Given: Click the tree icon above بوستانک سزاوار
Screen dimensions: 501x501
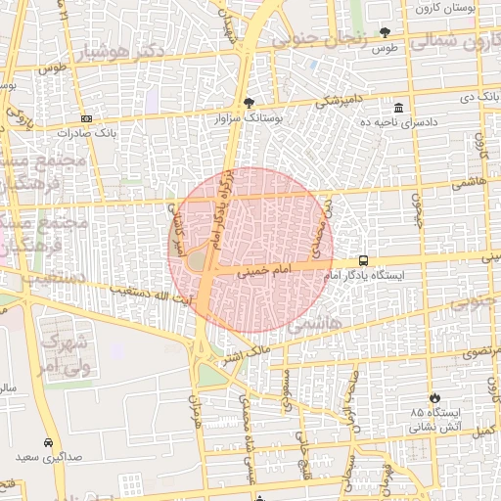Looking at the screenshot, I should (250, 102).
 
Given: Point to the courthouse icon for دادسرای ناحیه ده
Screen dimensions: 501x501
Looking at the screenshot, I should (398, 108).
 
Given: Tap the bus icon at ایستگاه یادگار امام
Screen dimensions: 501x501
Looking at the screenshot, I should (364, 260).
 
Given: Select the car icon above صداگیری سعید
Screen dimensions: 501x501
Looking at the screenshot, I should (49, 442).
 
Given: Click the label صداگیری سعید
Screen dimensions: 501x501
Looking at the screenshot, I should (49, 457).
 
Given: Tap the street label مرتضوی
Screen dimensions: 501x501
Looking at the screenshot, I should (480, 350).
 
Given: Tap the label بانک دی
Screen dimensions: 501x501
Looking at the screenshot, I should (479, 100).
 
